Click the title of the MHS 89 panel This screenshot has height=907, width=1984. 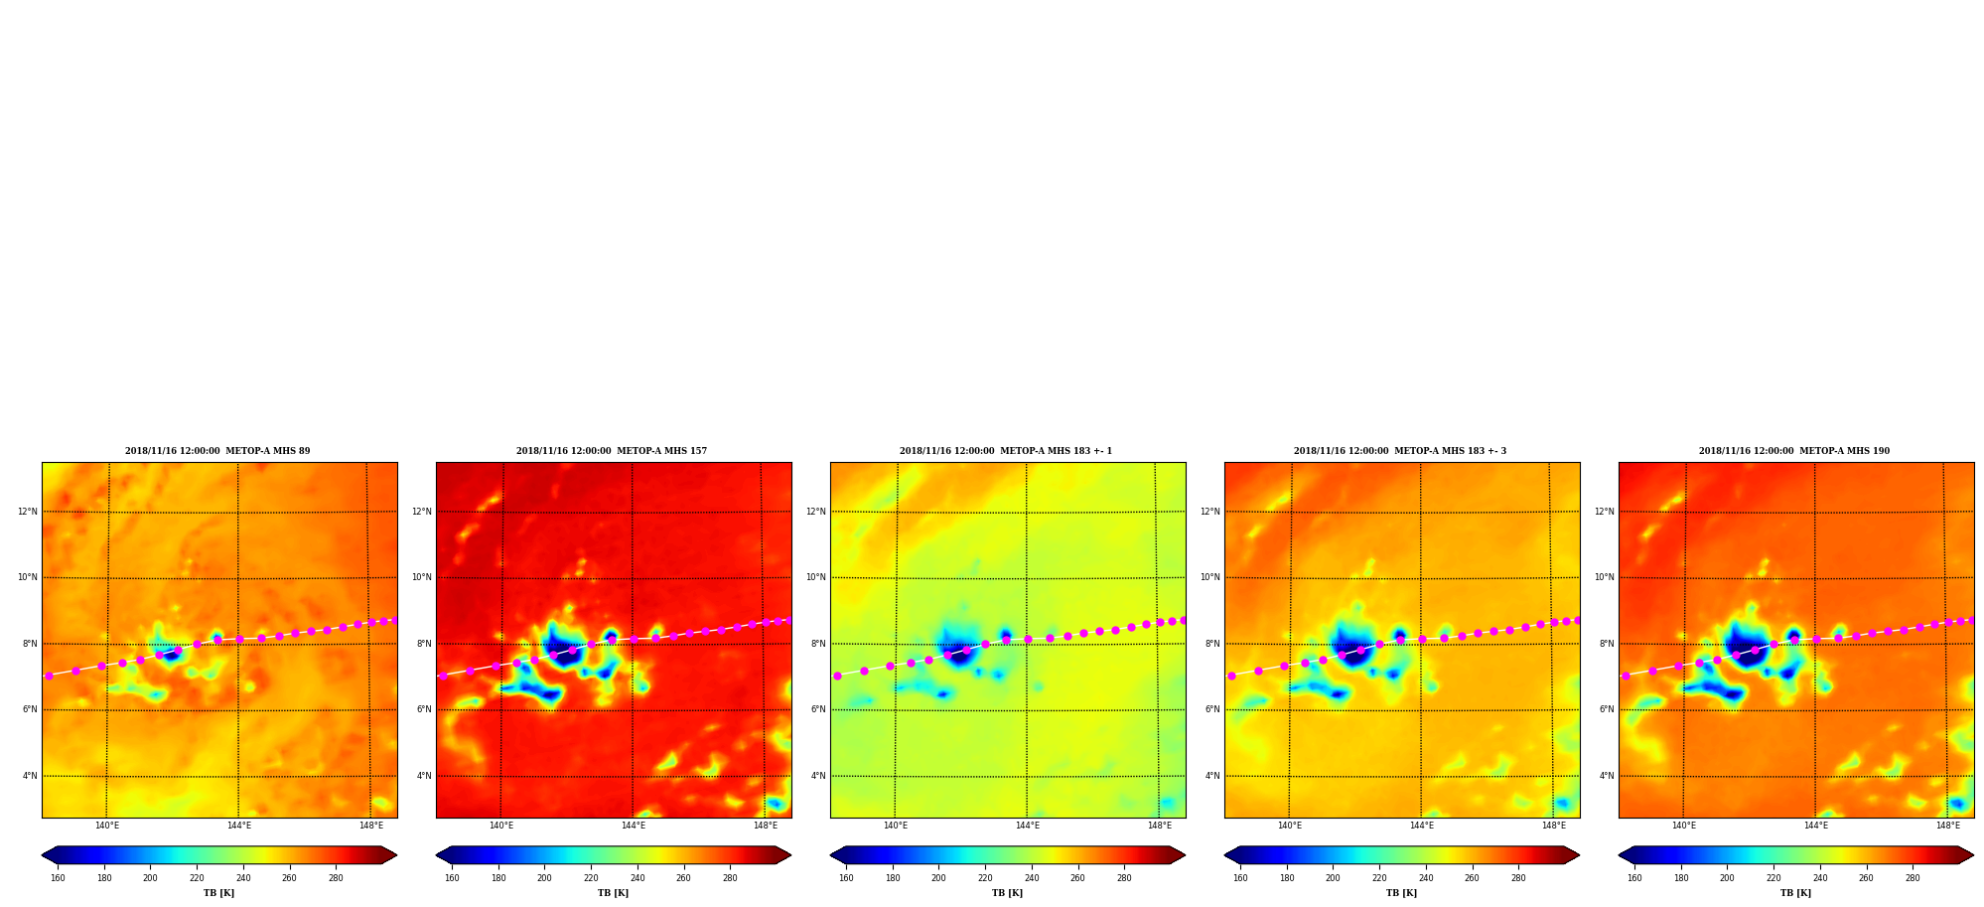click(x=217, y=451)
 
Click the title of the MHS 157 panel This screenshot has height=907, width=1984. click(x=612, y=451)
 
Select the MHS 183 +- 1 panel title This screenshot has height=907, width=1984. click(x=1006, y=451)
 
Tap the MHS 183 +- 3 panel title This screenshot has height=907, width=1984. click(x=1400, y=451)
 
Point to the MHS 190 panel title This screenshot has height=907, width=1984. click(x=1794, y=451)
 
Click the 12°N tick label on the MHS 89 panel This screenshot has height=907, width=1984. click(x=28, y=512)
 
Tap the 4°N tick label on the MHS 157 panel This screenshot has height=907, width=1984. click(x=424, y=776)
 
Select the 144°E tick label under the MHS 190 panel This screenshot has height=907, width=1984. click(x=1816, y=826)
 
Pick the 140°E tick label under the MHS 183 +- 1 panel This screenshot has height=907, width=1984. click(x=896, y=826)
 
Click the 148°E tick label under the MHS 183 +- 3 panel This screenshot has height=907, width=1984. click(x=1554, y=826)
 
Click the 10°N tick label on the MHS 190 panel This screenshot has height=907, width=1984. click(x=1605, y=577)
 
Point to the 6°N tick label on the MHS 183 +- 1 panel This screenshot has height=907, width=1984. click(x=818, y=709)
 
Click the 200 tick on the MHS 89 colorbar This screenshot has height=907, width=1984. click(x=150, y=878)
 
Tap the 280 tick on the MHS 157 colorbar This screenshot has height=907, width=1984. click(x=730, y=878)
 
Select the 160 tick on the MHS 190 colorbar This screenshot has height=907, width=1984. click(x=1634, y=878)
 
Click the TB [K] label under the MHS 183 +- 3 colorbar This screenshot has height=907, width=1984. click(x=1401, y=893)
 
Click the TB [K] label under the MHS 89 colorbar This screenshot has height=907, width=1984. click(x=218, y=893)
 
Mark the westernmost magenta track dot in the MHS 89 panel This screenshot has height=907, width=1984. click(x=49, y=676)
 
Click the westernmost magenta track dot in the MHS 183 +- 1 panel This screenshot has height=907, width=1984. click(x=837, y=676)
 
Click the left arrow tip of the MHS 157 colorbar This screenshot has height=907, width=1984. click(x=436, y=854)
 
